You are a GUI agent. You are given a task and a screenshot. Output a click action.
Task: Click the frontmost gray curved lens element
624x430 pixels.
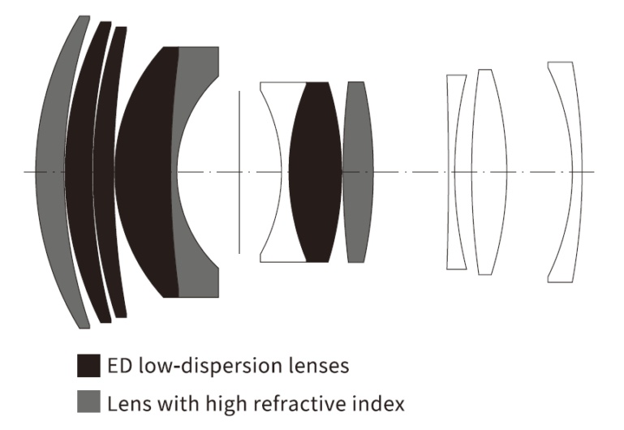(50, 172)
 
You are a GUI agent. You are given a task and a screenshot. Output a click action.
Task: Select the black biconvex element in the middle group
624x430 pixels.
(315, 172)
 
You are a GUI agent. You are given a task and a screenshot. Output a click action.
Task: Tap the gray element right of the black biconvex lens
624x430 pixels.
(357, 172)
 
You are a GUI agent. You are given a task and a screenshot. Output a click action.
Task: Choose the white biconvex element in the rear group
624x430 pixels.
(484, 172)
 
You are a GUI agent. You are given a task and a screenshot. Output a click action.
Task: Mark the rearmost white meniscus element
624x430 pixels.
(566, 172)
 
